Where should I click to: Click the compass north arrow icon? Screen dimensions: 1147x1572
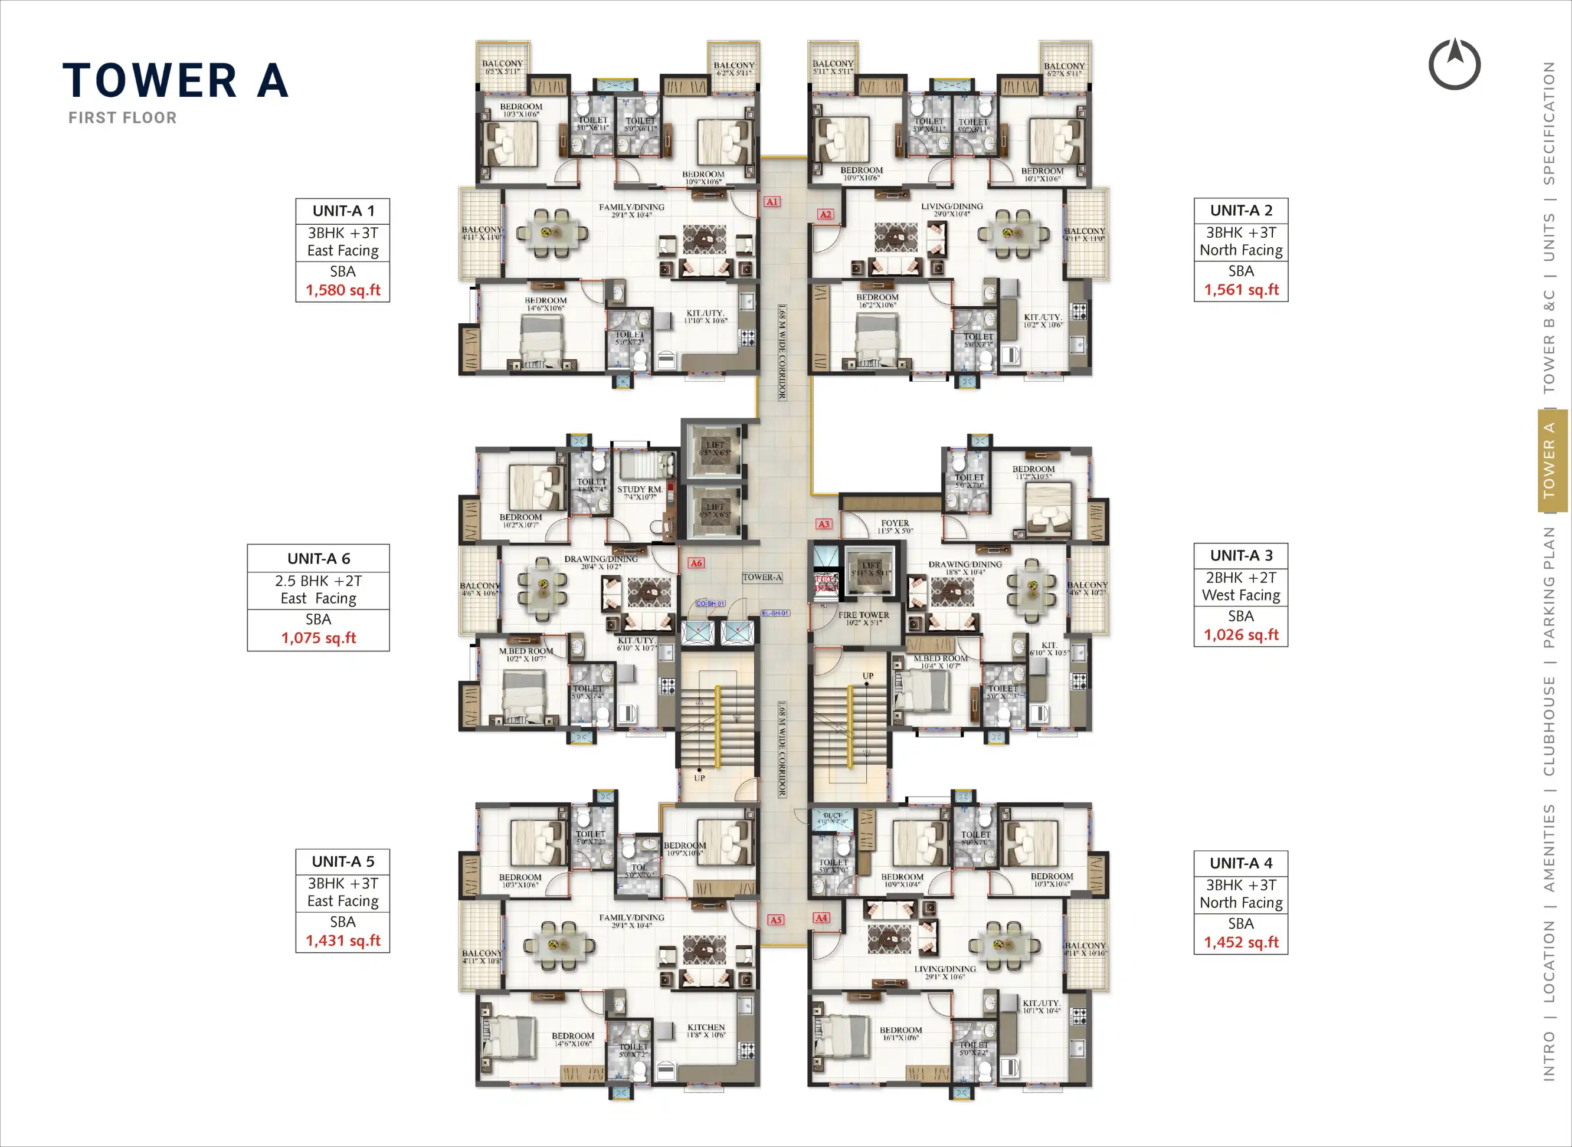click(x=1454, y=64)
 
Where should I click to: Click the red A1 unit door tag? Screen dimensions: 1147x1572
click(x=772, y=202)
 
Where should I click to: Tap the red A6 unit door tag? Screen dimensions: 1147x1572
click(x=696, y=563)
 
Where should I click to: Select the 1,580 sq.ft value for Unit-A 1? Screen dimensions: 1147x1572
click(x=343, y=290)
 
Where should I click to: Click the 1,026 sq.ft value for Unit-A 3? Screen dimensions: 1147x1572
click(x=1241, y=635)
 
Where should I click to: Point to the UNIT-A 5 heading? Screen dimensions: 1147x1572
click(x=343, y=861)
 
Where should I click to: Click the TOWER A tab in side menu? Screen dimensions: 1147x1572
click(x=1548, y=460)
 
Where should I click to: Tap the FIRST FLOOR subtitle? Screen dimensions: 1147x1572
click(x=122, y=118)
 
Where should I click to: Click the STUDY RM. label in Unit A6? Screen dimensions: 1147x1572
click(x=640, y=490)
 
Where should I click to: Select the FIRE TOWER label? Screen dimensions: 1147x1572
click(x=863, y=615)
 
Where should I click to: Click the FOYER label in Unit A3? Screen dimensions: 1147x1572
click(x=895, y=523)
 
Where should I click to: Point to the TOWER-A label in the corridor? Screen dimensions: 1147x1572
click(x=762, y=577)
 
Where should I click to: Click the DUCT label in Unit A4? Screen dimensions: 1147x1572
click(x=832, y=815)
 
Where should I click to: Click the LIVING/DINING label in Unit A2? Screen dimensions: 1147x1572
click(x=951, y=206)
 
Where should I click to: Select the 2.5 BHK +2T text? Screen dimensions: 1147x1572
click(x=318, y=581)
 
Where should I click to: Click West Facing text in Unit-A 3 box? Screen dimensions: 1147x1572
click(x=1241, y=595)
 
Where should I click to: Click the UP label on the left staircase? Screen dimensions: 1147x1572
click(x=699, y=778)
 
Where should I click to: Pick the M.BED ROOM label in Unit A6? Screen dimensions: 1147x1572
click(x=526, y=651)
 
